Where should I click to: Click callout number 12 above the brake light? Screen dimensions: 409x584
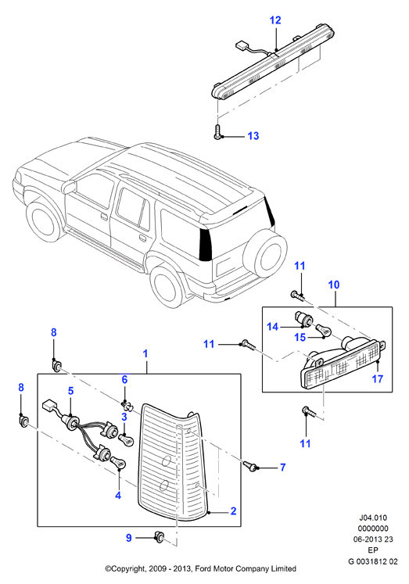click(275, 20)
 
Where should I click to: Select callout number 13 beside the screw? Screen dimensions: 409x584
click(253, 136)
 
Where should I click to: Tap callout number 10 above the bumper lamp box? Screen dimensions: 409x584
click(334, 285)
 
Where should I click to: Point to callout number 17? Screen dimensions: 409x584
click(378, 379)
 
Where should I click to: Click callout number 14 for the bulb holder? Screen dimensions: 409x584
click(273, 327)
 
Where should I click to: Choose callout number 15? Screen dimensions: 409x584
click(300, 337)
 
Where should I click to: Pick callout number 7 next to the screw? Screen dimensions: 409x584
click(283, 467)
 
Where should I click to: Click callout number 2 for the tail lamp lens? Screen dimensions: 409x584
click(233, 511)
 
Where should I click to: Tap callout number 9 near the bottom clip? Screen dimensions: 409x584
click(129, 538)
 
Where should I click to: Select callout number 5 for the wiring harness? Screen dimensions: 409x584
click(70, 391)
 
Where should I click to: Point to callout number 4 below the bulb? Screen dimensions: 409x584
click(118, 496)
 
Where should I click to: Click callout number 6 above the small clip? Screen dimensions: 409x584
click(124, 379)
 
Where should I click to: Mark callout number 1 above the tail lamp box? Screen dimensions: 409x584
click(145, 353)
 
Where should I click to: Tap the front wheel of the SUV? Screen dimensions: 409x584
click(45, 220)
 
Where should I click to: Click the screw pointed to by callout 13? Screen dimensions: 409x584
click(217, 133)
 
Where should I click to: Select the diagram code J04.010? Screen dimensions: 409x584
click(373, 518)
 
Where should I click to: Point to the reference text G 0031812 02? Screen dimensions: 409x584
click(373, 561)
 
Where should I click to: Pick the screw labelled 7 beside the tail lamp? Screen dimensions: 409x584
click(250, 466)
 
